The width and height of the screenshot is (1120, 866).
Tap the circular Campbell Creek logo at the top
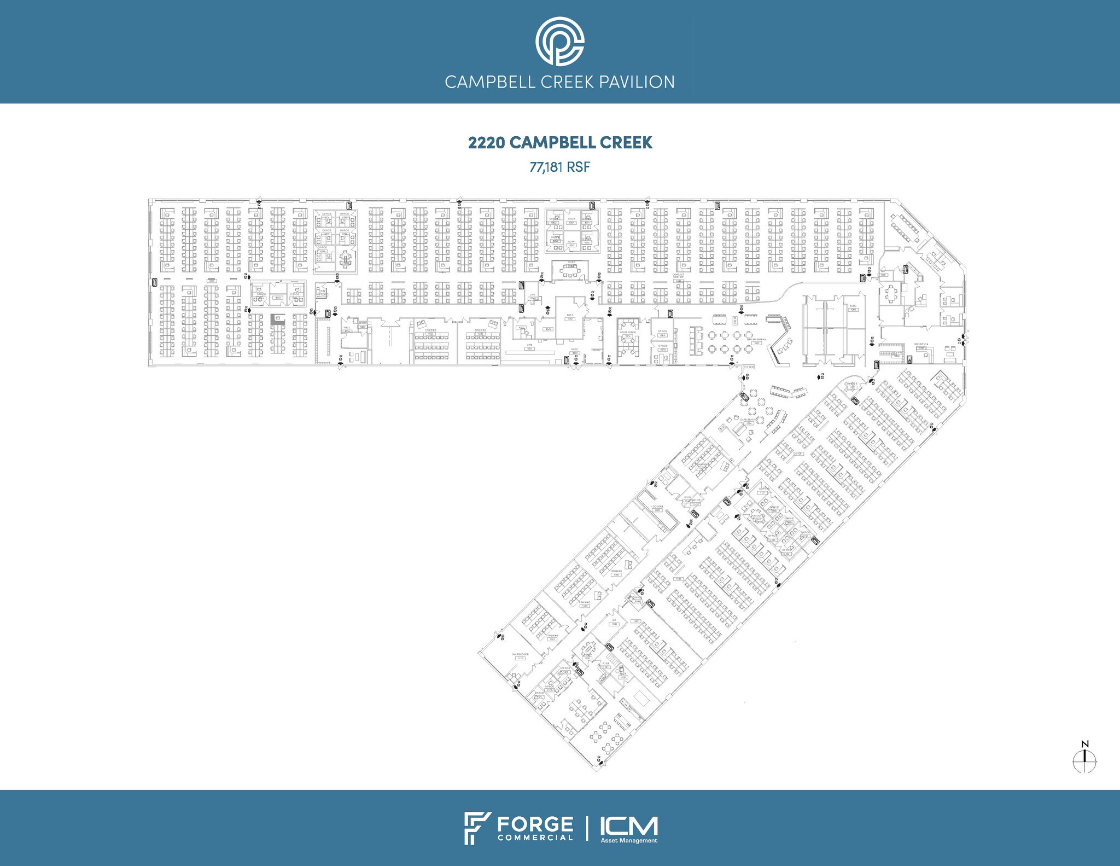pos(559,42)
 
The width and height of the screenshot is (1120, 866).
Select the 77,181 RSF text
pos(559,167)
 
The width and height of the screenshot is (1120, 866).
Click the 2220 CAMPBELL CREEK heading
pos(559,143)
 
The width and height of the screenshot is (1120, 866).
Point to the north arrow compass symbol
pos(1084,760)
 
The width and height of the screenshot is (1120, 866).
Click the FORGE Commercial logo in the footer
pos(518,829)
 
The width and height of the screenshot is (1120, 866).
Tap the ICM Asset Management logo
pos(628,829)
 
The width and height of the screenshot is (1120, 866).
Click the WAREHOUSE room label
pos(520,654)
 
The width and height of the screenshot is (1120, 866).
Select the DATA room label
pos(570,316)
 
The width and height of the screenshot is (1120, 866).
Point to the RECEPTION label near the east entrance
pos(921,344)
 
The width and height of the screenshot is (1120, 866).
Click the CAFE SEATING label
pos(749,420)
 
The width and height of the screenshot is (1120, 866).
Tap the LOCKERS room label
pos(657,507)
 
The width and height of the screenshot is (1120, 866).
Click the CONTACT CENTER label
pos(678,276)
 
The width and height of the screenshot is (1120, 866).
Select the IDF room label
pos(614,620)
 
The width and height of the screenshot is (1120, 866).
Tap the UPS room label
pos(529,346)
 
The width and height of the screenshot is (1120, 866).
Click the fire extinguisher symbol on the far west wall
pos(154,282)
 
